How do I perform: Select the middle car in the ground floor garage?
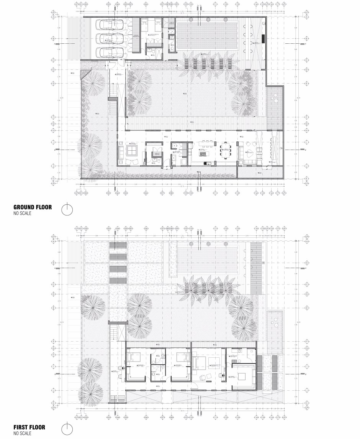pos(108,39)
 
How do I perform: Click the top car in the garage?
pos(108,26)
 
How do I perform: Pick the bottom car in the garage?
pos(108,52)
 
